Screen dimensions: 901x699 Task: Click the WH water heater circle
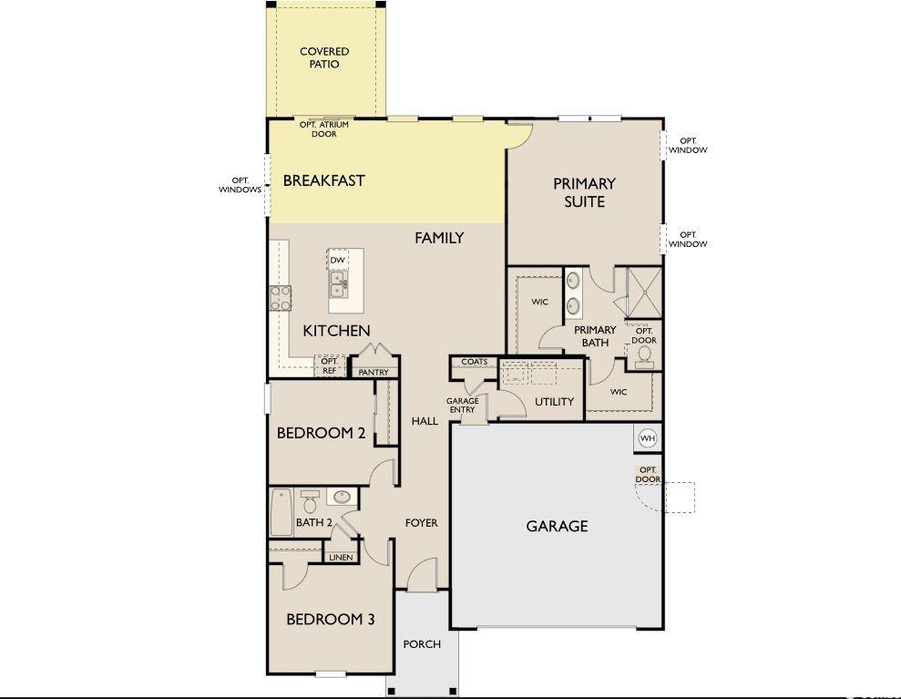pyautogui.click(x=648, y=438)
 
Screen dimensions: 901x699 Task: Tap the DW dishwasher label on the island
pyautogui.click(x=337, y=261)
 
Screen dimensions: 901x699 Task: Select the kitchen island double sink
pyautogui.click(x=338, y=284)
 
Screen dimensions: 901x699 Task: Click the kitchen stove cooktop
pyautogui.click(x=281, y=298)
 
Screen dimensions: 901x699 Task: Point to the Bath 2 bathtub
pyautogui.click(x=281, y=511)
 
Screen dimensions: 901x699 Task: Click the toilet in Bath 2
pyautogui.click(x=311, y=501)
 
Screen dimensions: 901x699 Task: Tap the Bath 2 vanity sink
pyautogui.click(x=342, y=497)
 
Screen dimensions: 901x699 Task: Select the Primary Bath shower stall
pyautogui.click(x=643, y=292)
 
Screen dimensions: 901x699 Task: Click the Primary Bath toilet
pyautogui.click(x=644, y=356)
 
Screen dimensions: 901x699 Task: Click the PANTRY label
pyautogui.click(x=374, y=373)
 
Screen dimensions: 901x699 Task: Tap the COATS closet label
pyautogui.click(x=474, y=362)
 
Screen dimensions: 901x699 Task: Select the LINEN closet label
pyautogui.click(x=341, y=557)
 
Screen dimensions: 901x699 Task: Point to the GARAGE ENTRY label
pyautogui.click(x=463, y=406)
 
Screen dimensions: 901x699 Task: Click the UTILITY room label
pyautogui.click(x=555, y=402)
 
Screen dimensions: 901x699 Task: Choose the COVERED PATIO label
pyautogui.click(x=324, y=57)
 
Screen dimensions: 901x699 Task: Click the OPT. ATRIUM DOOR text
pyautogui.click(x=324, y=128)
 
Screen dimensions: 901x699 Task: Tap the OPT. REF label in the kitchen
pyautogui.click(x=329, y=365)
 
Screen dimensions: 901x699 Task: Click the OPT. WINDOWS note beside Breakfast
pyautogui.click(x=241, y=185)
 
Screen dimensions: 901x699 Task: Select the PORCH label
pyautogui.click(x=422, y=644)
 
